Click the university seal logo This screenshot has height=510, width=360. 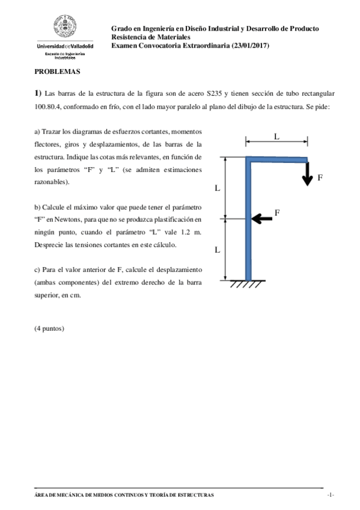[x=66, y=27]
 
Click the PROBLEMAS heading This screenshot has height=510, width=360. [x=57, y=71]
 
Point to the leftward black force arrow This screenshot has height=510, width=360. [x=261, y=218]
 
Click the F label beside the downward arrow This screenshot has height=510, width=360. [x=320, y=178]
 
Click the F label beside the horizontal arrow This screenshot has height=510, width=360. [x=277, y=212]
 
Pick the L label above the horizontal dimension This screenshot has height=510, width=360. [x=276, y=137]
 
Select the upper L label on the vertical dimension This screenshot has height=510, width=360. [x=218, y=188]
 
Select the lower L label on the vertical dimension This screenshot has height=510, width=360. [x=218, y=249]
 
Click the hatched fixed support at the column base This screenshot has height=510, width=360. [x=247, y=283]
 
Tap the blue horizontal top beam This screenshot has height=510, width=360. [x=276, y=159]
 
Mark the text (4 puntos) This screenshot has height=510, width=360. [x=49, y=328]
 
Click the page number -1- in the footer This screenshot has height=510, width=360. [x=330, y=494]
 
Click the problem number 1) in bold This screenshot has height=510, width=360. [x=38, y=93]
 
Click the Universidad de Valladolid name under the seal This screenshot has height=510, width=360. [x=66, y=46]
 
